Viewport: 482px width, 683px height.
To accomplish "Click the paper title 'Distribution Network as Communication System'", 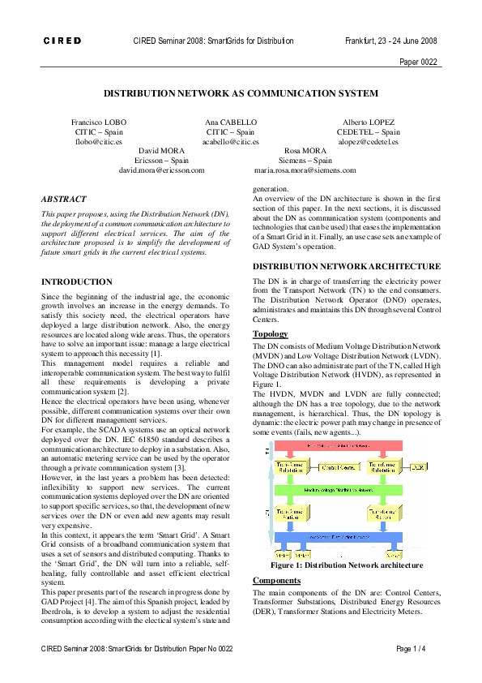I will [x=241, y=93].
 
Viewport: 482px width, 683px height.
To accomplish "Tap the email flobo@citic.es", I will [x=98, y=141].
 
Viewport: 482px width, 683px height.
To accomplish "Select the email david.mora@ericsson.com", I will [x=161, y=170].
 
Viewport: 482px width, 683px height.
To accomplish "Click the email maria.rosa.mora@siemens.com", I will [x=305, y=170].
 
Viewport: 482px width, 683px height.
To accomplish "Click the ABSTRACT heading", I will [x=64, y=199].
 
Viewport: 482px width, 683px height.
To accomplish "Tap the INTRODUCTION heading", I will [x=78, y=281].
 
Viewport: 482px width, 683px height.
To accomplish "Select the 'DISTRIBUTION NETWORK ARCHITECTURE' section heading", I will [x=347, y=266].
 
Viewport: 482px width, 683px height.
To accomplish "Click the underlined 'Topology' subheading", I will [x=271, y=334].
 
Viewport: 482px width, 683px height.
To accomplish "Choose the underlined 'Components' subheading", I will [x=276, y=581].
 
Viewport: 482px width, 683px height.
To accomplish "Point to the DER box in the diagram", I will [x=419, y=468].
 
